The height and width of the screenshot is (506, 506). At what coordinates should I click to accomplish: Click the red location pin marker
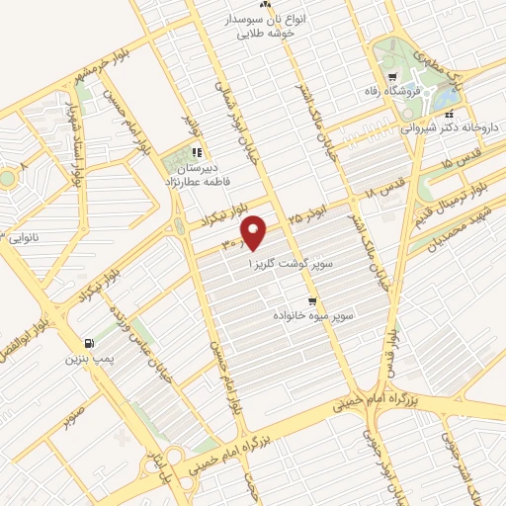pyautogui.click(x=255, y=233)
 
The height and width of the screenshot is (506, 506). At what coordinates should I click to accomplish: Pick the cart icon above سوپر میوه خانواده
pyautogui.click(x=312, y=301)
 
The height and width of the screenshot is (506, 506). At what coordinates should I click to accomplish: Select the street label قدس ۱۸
pyautogui.click(x=380, y=182)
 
